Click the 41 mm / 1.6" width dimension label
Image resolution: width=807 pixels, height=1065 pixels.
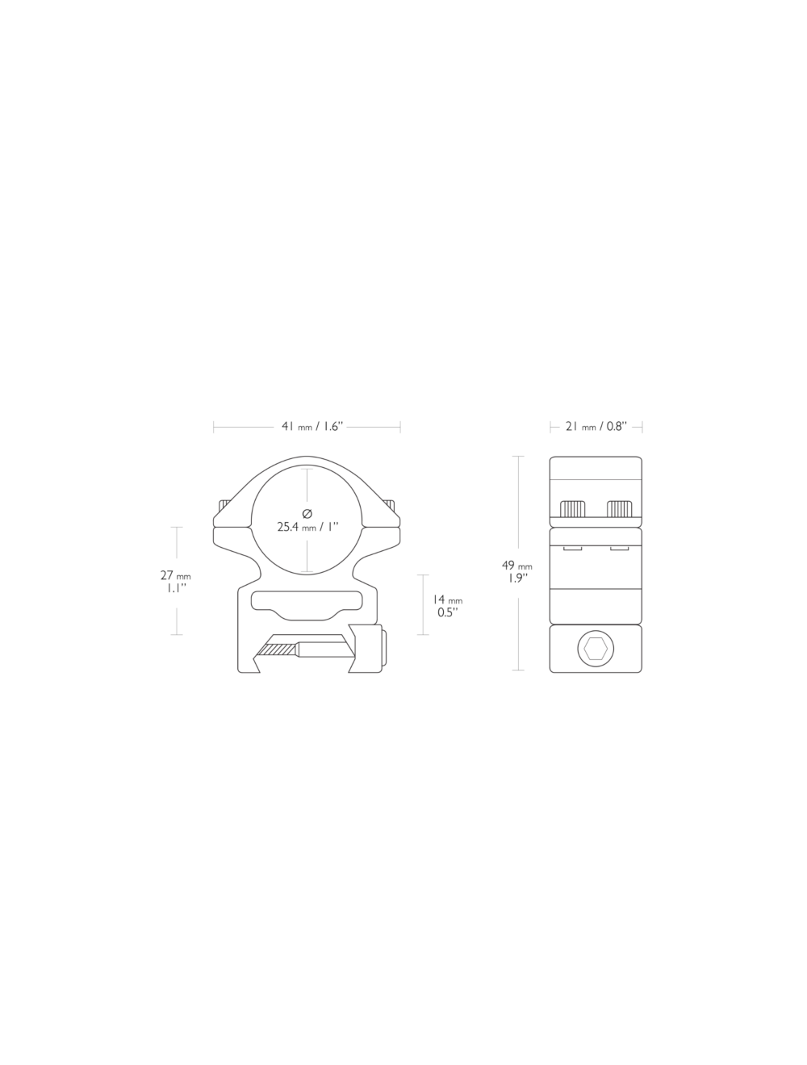pyautogui.click(x=307, y=427)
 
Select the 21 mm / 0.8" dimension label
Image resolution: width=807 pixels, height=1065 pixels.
pyautogui.click(x=596, y=427)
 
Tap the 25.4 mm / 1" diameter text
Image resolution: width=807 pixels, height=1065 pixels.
pyautogui.click(x=307, y=527)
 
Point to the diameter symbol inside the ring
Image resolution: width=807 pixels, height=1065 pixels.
pyautogui.click(x=307, y=514)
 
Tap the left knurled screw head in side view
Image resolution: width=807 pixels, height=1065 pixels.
pyautogui.click(x=572, y=508)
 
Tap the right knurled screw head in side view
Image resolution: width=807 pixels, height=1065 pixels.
pyautogui.click(x=619, y=508)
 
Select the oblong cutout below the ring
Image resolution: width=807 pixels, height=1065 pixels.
pyautogui.click(x=307, y=601)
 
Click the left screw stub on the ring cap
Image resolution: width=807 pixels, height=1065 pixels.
pyautogui.click(x=220, y=504)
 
